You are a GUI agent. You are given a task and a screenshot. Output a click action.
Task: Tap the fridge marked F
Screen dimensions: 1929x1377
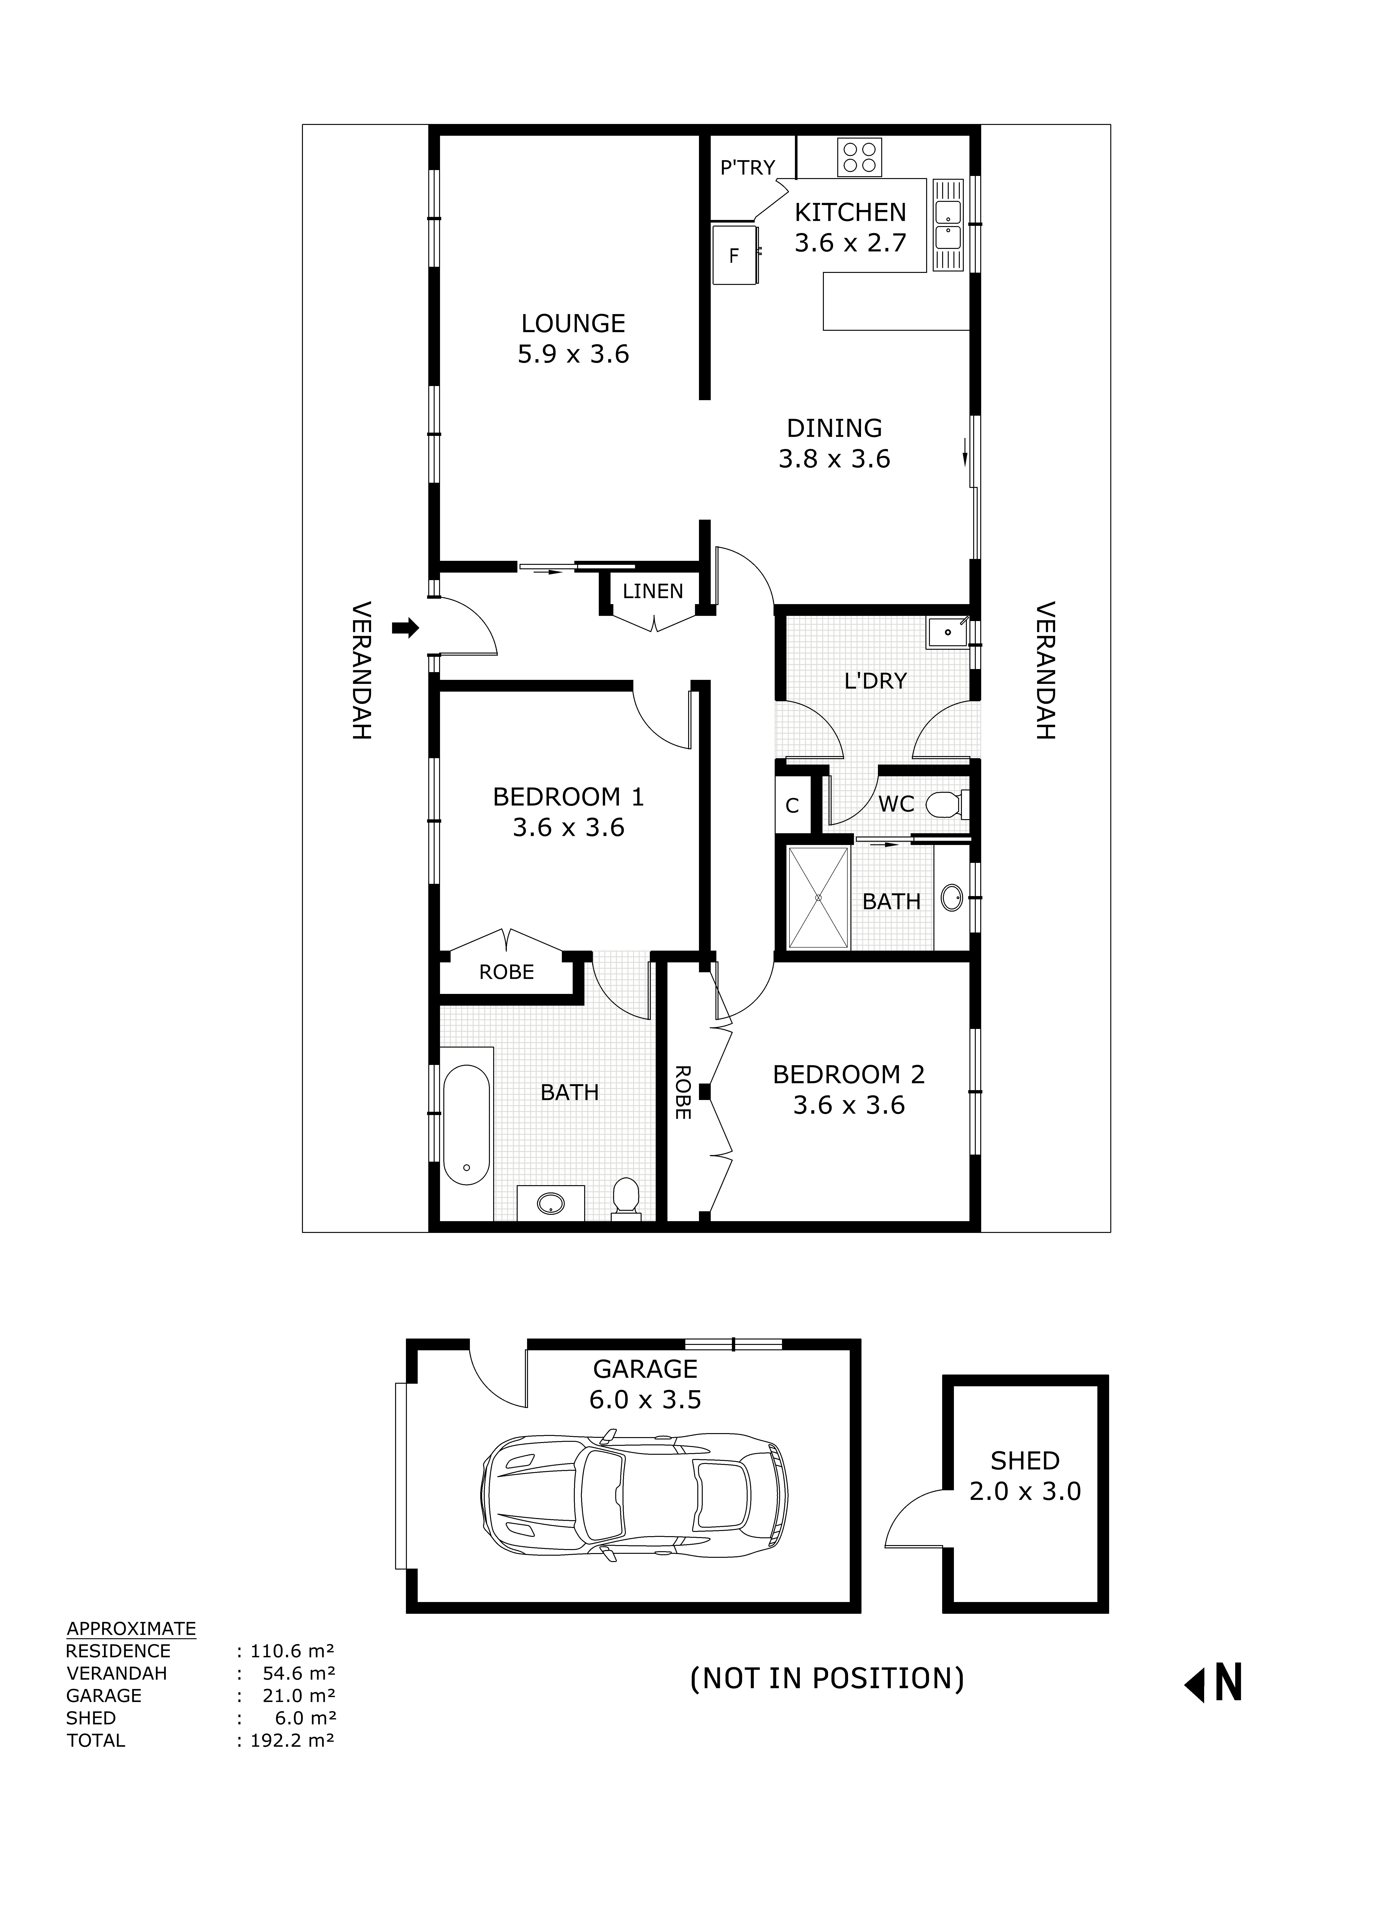tap(734, 254)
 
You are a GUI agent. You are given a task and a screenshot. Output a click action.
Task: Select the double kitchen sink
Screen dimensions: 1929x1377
tap(947, 225)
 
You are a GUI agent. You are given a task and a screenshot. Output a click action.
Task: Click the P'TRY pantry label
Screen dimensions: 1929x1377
tap(747, 168)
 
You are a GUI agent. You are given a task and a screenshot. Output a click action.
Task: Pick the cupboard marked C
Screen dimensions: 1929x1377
tap(792, 805)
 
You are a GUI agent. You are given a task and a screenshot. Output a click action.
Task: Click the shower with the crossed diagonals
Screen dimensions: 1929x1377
tap(818, 897)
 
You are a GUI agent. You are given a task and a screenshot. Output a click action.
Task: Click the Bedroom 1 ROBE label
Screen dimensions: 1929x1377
tap(506, 972)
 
